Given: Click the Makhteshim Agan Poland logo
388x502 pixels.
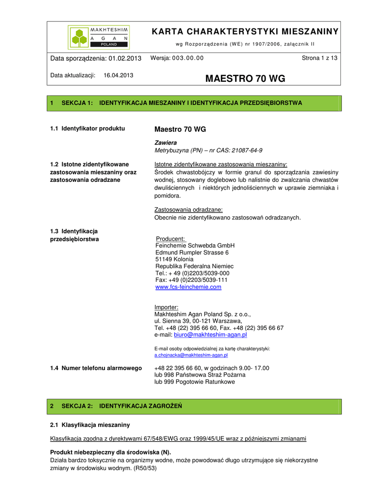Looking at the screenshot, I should tap(98, 36).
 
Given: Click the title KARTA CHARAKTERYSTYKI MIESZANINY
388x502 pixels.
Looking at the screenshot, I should tap(245, 32).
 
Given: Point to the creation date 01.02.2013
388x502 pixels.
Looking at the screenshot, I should tap(125, 59).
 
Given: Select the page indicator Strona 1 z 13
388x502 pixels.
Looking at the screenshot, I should tap(319, 58).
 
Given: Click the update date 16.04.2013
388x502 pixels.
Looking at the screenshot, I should tap(119, 75).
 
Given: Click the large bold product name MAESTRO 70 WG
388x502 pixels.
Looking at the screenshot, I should tap(245, 79).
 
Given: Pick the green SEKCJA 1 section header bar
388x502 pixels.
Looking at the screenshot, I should tap(194, 103).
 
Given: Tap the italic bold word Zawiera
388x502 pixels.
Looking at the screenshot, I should tap(166, 142).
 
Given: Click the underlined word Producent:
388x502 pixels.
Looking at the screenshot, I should tap(170, 239).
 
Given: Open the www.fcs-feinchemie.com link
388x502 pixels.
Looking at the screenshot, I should tap(188, 287).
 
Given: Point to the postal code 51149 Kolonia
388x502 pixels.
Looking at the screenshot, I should tap(175, 259).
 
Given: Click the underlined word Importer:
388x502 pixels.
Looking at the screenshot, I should tap(167, 307).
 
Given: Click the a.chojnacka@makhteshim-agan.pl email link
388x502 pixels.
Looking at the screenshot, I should tap(191, 355).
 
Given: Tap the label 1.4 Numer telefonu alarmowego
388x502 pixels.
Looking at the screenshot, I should tap(96, 368).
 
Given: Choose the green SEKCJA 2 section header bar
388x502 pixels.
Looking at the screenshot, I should tap(194, 406).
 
